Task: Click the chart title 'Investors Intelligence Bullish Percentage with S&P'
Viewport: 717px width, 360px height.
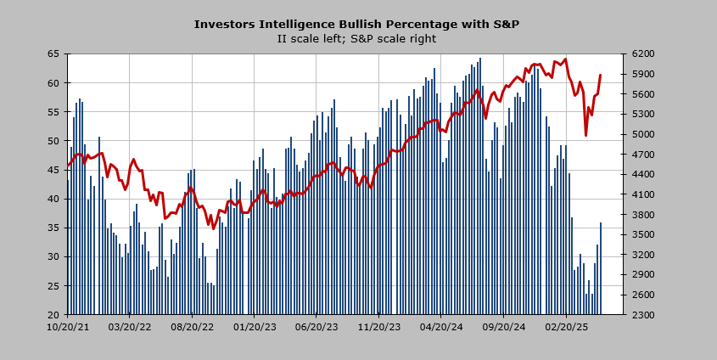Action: [356, 25]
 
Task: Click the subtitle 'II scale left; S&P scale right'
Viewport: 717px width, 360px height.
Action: [356, 39]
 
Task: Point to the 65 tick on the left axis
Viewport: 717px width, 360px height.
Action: [53, 53]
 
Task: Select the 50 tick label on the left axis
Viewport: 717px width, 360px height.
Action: [53, 141]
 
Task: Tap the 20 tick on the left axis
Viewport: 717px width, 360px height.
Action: [53, 315]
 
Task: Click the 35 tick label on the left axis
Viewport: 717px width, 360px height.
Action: [53, 228]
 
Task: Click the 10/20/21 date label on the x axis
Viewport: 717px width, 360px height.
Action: [68, 325]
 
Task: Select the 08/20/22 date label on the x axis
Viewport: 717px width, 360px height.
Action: [193, 325]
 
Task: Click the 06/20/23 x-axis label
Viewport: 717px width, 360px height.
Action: [316, 325]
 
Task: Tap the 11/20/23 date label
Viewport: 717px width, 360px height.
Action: [379, 325]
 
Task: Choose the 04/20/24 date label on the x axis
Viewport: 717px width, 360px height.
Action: [441, 325]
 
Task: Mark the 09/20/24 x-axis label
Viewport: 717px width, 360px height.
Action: [504, 325]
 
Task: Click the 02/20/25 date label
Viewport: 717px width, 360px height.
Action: [566, 325]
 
